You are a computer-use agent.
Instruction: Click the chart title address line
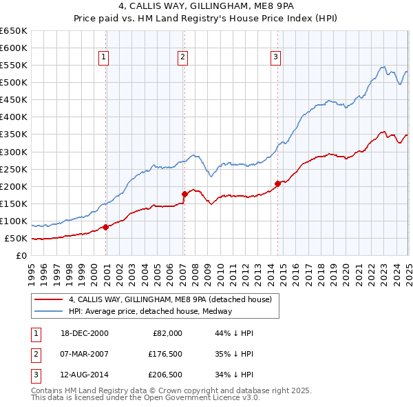pos(206,7)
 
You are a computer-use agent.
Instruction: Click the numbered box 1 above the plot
pos(103,58)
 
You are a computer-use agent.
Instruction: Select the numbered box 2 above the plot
pos(183,58)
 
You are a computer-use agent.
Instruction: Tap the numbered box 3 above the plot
pos(275,58)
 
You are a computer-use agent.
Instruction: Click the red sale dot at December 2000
pos(106,227)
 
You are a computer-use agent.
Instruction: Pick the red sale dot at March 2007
pos(184,194)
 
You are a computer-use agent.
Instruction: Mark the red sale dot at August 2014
pos(278,183)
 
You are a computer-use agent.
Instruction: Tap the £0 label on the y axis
pos(22,256)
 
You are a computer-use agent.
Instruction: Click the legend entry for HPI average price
pos(150,311)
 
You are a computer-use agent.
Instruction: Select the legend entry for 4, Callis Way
pos(171,299)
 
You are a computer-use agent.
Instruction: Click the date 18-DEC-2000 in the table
pos(84,333)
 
